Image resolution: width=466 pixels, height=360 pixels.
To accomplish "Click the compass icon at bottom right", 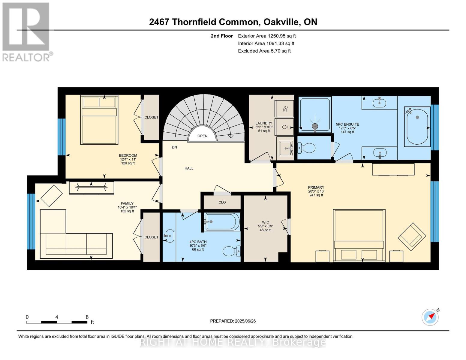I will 430,317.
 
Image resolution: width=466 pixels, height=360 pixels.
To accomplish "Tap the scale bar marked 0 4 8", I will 57,322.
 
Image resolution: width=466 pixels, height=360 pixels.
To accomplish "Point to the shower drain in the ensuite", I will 315,126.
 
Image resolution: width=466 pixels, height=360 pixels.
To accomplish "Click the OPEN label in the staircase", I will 202,136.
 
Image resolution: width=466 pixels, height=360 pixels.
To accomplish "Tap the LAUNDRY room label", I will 264,123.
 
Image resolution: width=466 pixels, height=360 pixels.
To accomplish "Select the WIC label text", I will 265,222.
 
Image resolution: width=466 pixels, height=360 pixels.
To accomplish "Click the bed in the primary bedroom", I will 359,235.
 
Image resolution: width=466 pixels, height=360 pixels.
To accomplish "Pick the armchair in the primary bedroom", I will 412,236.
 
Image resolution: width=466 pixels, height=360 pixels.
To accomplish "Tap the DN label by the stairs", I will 174,147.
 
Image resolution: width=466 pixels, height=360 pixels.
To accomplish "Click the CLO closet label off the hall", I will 222,202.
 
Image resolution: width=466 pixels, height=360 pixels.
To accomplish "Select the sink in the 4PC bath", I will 170,236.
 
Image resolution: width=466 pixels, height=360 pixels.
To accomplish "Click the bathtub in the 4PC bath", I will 222,222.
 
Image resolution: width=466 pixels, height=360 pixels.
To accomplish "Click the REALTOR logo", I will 26,31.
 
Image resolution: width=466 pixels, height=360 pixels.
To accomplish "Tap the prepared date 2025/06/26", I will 233,321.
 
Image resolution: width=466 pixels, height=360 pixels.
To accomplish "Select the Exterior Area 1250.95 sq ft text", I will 267,36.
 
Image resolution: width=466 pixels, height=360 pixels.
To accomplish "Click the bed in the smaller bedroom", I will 99,120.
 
